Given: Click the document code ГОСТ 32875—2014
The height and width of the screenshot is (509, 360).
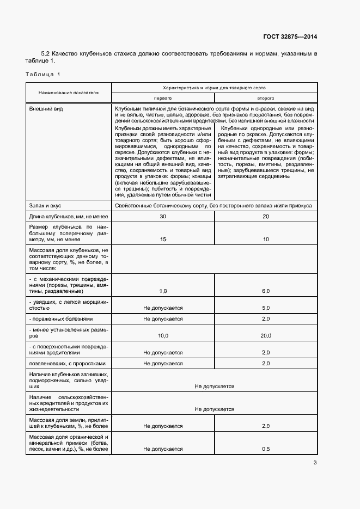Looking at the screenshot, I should (290, 36).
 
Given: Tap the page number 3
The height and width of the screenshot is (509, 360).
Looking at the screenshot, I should (315, 463).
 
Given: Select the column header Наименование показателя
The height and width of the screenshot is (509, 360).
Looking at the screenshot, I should (69, 93).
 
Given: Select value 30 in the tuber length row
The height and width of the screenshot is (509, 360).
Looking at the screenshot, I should (163, 217).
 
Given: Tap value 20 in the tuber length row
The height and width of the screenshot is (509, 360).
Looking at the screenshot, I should (266, 217).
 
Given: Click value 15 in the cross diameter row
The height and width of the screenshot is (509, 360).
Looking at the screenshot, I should (163, 239).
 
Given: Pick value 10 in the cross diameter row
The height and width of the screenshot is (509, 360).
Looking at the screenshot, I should (266, 239).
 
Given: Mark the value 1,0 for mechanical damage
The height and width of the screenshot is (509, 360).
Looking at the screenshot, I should (163, 291).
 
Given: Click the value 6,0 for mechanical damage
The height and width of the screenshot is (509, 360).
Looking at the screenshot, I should (266, 291).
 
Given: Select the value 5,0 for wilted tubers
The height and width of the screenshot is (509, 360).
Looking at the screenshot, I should (266, 308).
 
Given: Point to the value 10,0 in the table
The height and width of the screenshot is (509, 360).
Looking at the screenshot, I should (163, 336).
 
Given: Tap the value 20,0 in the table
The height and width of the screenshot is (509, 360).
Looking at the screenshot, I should (266, 336).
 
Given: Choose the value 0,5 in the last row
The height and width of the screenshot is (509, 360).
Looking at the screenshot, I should (266, 449).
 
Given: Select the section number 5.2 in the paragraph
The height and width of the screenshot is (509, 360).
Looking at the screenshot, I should (46, 53).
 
